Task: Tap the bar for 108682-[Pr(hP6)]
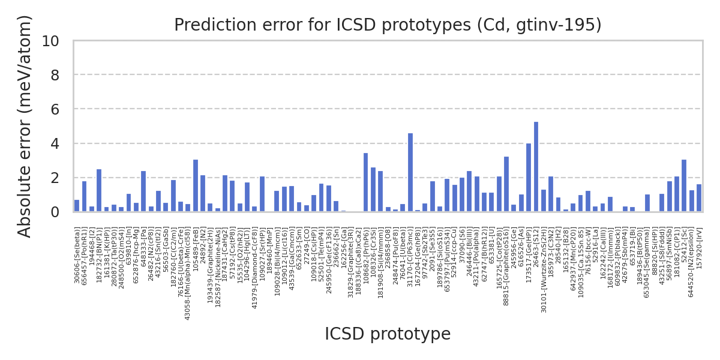click(x=365, y=182)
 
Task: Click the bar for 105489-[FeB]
click(x=196, y=185)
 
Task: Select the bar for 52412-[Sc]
click(x=684, y=185)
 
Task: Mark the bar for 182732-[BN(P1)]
click(x=99, y=191)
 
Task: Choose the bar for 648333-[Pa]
click(x=143, y=191)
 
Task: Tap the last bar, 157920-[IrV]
click(x=699, y=198)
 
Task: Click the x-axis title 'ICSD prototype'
click(x=388, y=334)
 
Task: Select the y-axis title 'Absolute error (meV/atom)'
click(x=25, y=126)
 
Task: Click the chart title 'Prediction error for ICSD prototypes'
click(x=388, y=25)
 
